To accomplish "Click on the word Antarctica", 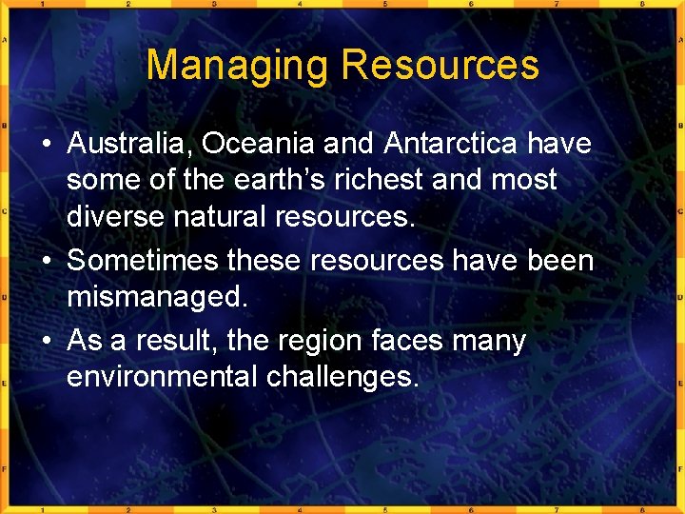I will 452,144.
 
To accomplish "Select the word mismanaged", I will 157,297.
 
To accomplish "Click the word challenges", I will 342,377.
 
